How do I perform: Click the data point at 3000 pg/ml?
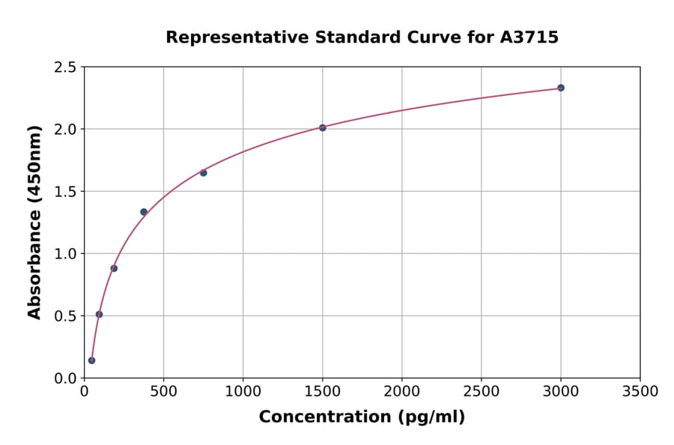tap(561, 88)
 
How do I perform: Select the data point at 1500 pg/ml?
tap(323, 127)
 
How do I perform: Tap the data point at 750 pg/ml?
tap(203, 172)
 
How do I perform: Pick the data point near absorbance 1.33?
tap(144, 212)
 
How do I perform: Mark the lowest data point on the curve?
tap(91, 360)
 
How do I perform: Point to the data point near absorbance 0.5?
tap(99, 315)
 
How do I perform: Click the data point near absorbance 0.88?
tap(114, 268)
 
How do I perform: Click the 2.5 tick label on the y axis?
tap(66, 67)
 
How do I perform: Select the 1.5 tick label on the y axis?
tap(66, 192)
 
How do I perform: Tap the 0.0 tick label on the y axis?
tap(66, 378)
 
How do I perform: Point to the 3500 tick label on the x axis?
tap(640, 391)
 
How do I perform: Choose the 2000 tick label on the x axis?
tap(402, 391)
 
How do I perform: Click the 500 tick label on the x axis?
tap(163, 391)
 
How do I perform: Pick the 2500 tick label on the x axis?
tap(482, 391)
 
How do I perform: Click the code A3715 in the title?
tap(529, 37)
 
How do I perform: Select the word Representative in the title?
tap(227, 37)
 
